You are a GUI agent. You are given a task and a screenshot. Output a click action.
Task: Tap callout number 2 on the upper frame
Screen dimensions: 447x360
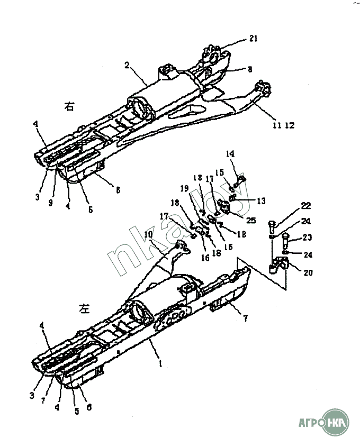click(x=128, y=66)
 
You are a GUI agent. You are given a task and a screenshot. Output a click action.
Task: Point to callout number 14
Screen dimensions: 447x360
click(x=230, y=154)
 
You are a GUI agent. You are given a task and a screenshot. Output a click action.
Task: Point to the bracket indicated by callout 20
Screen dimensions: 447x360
click(x=277, y=263)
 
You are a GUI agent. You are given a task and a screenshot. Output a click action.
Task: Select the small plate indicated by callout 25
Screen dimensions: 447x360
click(x=226, y=208)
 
